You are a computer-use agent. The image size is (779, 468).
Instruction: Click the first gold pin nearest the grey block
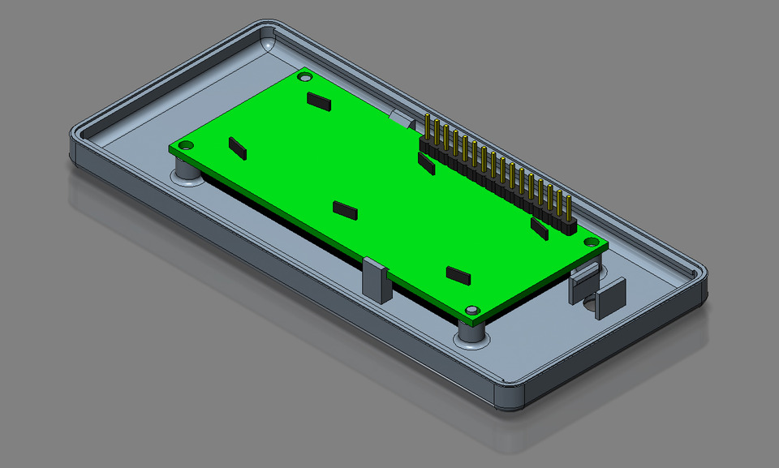pyautogui.click(x=427, y=130)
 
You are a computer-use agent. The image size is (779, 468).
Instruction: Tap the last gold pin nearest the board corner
pyautogui.click(x=568, y=210)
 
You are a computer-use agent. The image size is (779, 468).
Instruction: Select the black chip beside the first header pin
pyautogui.click(x=426, y=163)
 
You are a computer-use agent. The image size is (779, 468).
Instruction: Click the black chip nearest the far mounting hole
pyautogui.click(x=319, y=101)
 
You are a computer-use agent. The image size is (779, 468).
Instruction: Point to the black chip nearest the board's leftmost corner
pyautogui.click(x=237, y=147)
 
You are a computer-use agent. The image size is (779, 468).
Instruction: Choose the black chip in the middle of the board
pyautogui.click(x=345, y=210)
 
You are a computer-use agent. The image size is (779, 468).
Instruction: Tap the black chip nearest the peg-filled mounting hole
pyautogui.click(x=458, y=275)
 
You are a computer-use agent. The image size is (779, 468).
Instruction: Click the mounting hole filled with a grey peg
pyautogui.click(x=471, y=310)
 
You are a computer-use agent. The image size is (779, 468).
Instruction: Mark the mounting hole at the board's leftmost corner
pyautogui.click(x=185, y=145)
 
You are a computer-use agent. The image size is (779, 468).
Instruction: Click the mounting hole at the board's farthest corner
pyautogui.click(x=305, y=77)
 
